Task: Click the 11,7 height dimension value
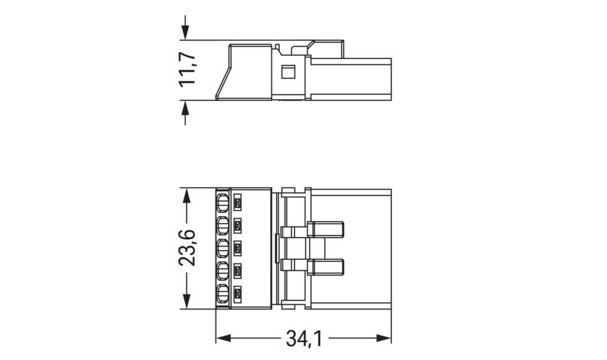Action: pyautogui.click(x=188, y=69)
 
